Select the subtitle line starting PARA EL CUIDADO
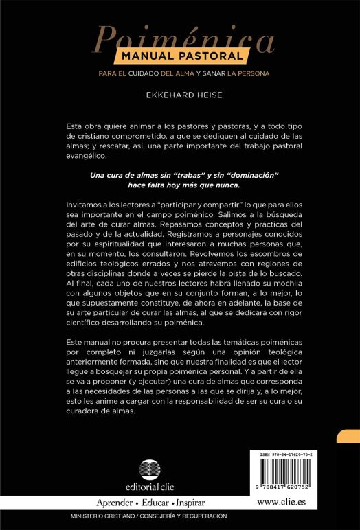179,73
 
